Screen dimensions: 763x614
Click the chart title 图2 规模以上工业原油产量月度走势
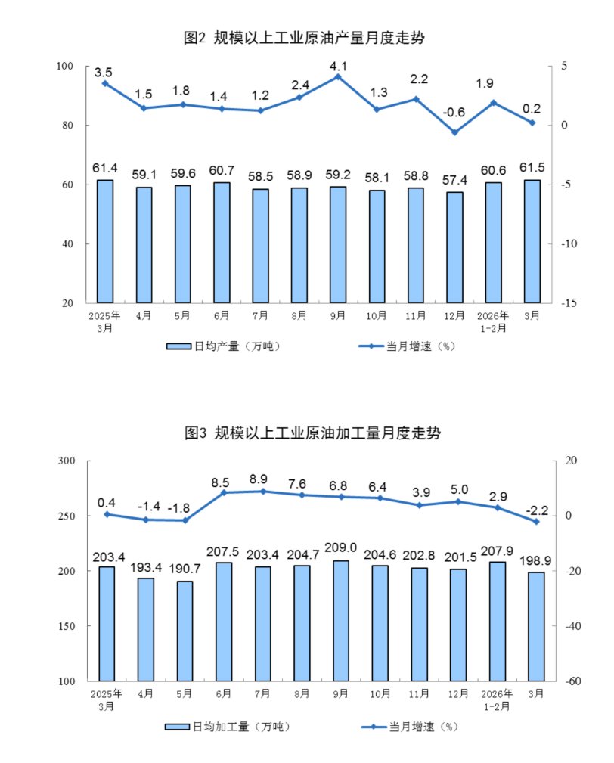pos(311,37)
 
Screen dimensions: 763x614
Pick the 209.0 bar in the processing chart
pos(340,620)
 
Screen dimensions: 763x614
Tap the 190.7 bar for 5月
pos(184,631)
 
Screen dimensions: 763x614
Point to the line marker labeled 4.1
pos(338,76)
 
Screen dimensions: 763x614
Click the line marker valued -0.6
pos(454,132)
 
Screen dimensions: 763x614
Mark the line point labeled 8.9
pos(262,491)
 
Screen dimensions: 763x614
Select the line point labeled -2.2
pos(535,522)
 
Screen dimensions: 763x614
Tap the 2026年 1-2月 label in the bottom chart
pos(496,699)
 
